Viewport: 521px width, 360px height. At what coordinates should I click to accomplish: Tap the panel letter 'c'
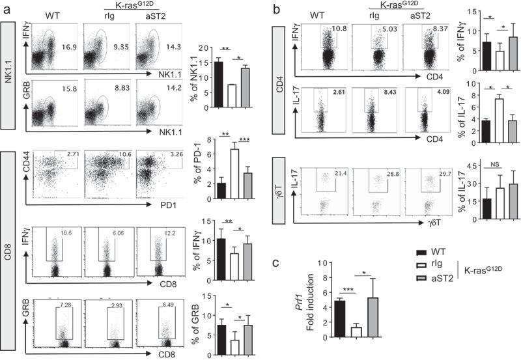(277, 264)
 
